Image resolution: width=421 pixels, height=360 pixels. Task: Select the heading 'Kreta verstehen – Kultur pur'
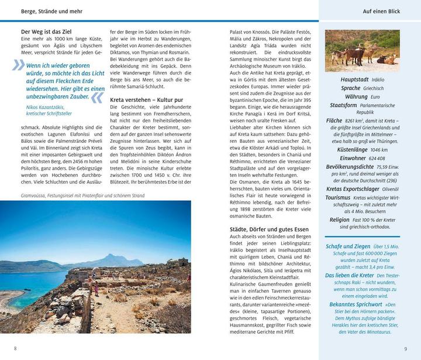pyautogui.click(x=147, y=100)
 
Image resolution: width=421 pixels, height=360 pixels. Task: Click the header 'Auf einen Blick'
pyautogui.click(x=378, y=11)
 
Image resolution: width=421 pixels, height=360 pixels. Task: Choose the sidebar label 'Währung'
pyautogui.click(x=356, y=96)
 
